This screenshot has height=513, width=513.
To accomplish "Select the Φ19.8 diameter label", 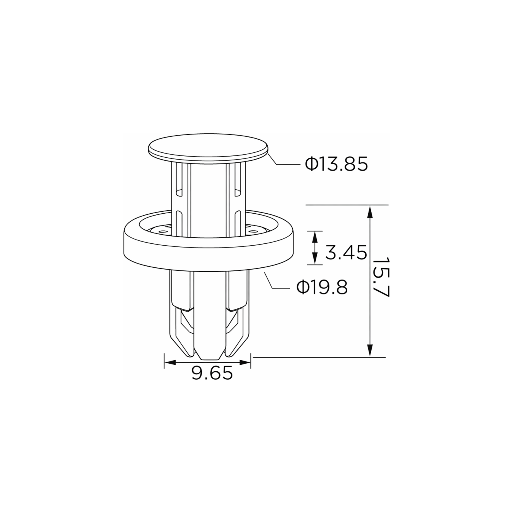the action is (322, 287).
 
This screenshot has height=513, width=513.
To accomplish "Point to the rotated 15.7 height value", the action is (380, 277).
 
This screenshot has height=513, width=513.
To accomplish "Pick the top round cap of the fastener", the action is (208, 148).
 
